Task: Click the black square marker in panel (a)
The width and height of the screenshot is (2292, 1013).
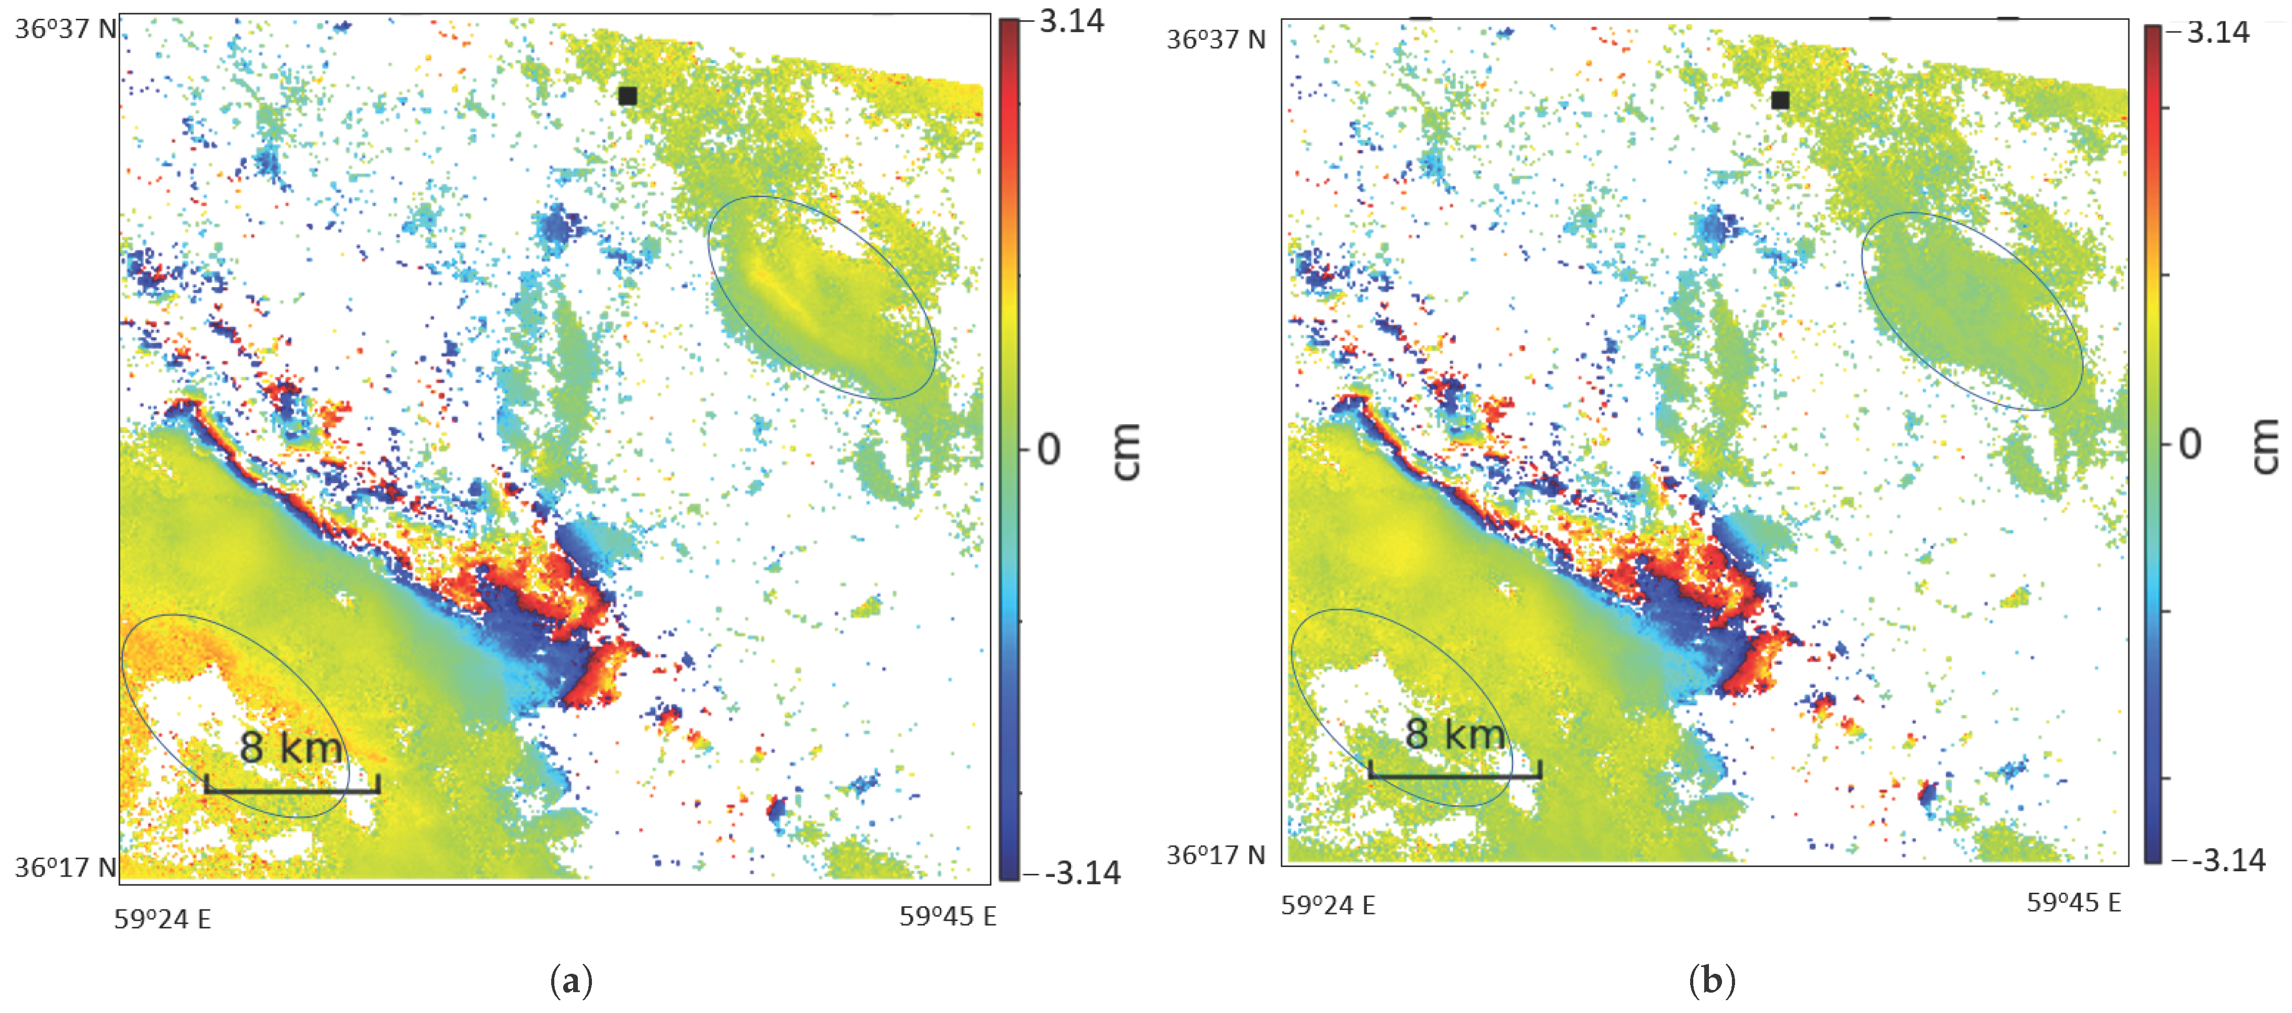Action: [x=628, y=95]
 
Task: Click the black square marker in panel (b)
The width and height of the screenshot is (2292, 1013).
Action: [x=1780, y=100]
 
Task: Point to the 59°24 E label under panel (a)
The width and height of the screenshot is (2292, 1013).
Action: [x=163, y=919]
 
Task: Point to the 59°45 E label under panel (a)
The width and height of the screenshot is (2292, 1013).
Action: [x=948, y=916]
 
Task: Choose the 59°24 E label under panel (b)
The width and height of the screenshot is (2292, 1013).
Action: [x=1328, y=905]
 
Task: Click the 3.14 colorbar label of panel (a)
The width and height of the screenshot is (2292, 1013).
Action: [x=1071, y=21]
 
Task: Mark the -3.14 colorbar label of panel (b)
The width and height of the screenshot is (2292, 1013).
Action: [x=2228, y=860]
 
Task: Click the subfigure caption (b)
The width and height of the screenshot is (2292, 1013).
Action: [x=1712, y=981]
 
